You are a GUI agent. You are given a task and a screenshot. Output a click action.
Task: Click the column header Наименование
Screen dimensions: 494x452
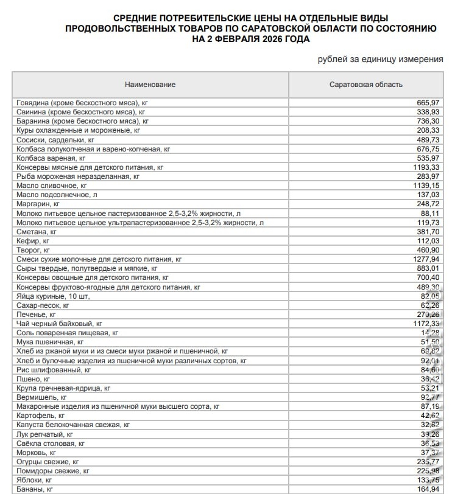[x=150, y=85]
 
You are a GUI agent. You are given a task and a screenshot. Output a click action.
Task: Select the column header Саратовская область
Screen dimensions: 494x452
[x=365, y=85]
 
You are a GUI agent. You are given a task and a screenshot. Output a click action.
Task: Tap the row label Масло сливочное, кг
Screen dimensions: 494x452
[x=52, y=185]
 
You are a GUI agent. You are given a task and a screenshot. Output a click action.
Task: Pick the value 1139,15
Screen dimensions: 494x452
[x=425, y=185]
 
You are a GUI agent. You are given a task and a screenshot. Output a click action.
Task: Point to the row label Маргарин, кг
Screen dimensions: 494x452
[x=38, y=204]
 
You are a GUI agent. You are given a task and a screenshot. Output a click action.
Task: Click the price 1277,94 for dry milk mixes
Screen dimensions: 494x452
[x=425, y=259]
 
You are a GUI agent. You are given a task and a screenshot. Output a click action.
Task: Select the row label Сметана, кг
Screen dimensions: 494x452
[x=37, y=231]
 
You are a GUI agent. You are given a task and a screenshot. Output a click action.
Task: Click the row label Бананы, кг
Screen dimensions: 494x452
[x=35, y=489]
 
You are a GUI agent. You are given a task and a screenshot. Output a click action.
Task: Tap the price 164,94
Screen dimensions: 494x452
[x=427, y=489]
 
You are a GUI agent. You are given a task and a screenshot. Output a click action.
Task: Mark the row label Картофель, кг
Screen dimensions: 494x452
[x=41, y=415]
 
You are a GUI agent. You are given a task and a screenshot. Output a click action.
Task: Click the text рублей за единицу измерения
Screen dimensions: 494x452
[x=380, y=59]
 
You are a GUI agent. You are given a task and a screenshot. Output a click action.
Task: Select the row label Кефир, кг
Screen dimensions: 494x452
[x=34, y=240]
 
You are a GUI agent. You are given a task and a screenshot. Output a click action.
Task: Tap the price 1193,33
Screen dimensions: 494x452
[x=425, y=167]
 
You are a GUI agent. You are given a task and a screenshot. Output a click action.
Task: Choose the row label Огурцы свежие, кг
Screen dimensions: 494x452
[x=48, y=461]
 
